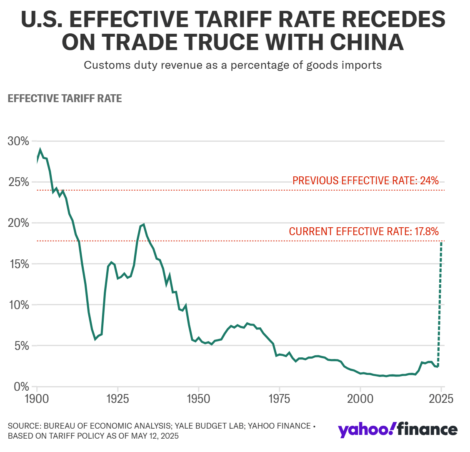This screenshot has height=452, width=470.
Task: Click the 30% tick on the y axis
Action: pos(18,141)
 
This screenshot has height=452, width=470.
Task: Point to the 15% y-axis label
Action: pos(18,264)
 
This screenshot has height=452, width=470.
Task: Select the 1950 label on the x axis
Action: pos(198,399)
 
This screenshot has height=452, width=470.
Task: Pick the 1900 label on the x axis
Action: pos(37,399)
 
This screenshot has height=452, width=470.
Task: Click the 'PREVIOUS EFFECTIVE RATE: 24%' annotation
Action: pos(365,181)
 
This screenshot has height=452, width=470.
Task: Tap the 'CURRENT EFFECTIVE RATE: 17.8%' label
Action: pos(364,231)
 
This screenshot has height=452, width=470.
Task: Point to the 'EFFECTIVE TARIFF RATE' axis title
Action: pos(65,99)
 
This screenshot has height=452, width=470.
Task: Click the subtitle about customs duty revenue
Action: pos(233,65)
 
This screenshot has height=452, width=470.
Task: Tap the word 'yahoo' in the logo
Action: pos(364,429)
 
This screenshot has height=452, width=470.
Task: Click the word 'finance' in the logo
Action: pos(427,429)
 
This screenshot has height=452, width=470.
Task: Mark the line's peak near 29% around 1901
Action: pos(40,150)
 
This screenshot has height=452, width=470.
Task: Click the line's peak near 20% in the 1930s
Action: pos(143,224)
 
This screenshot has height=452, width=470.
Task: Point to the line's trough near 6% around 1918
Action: pos(95,339)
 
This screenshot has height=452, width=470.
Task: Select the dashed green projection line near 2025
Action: pos(440,304)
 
